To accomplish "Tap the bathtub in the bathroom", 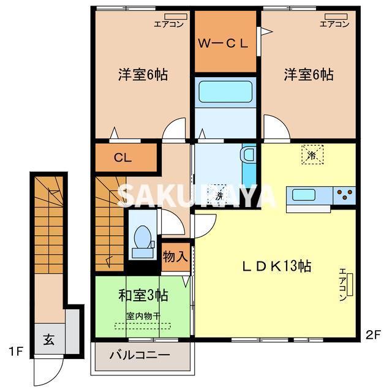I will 225,92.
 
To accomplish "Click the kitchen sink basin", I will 303,195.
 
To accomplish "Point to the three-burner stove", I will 345,195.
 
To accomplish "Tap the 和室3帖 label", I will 143,295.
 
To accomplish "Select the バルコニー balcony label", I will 140,355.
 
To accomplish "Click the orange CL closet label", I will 123,157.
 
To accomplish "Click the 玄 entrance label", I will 48,339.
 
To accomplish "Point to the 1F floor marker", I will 16,352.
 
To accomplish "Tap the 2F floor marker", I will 374,334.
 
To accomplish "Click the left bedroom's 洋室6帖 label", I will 143,75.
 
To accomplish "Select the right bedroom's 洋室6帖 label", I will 308,75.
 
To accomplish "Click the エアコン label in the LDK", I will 343,285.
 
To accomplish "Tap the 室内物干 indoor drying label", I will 143,316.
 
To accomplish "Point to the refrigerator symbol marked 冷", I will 311,154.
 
